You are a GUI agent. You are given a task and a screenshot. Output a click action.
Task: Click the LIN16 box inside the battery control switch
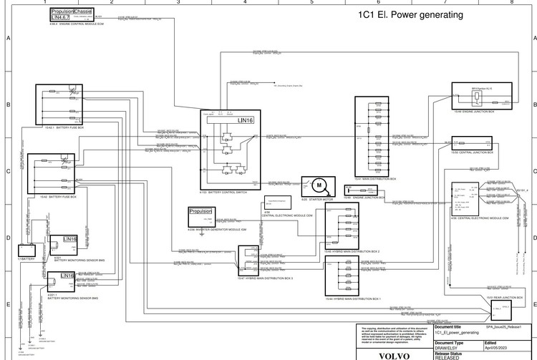(246, 120)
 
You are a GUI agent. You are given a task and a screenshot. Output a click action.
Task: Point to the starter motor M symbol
(316, 185)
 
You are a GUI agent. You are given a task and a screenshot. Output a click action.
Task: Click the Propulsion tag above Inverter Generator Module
(203, 212)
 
